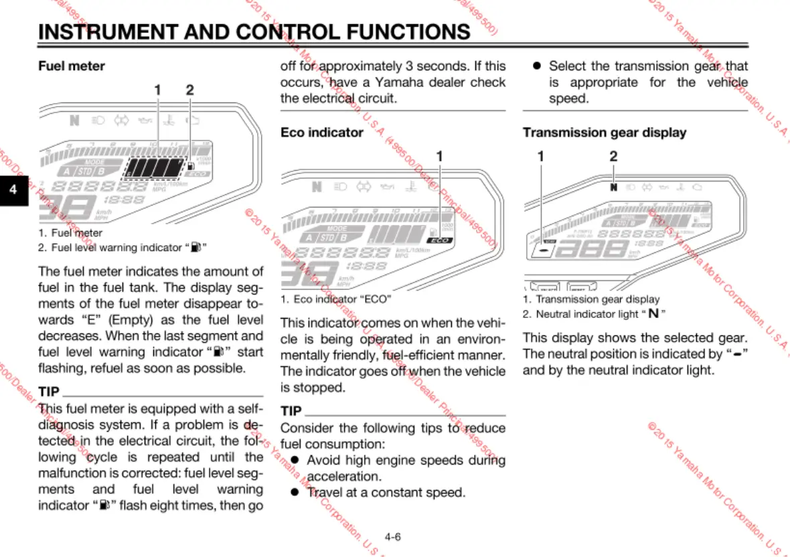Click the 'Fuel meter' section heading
72,66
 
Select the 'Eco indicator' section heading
321,133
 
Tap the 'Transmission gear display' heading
604,133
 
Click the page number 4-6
393,536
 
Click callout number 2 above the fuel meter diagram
190,90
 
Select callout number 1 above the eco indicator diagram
440,156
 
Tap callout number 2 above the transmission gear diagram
613,156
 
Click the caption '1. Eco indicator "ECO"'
335,299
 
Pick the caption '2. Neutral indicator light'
594,314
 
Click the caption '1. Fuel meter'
70,233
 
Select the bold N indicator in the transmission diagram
614,187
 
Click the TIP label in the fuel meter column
49,392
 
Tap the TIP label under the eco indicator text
291,410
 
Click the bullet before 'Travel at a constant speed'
294,492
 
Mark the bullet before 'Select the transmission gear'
536,66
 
